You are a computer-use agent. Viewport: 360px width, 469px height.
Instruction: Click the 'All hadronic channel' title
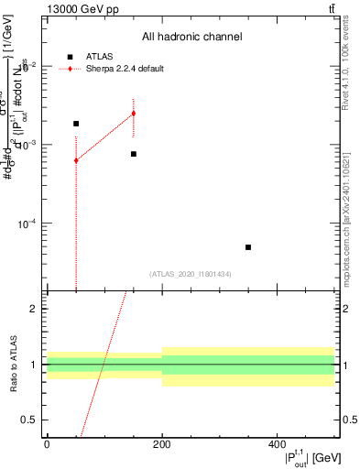[x=191, y=38]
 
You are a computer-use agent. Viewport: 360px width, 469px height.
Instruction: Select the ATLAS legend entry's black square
[x=70, y=57]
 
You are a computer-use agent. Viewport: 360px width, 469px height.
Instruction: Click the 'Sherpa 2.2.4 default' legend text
[x=126, y=69]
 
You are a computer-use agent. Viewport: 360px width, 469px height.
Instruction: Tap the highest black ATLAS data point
[x=76, y=124]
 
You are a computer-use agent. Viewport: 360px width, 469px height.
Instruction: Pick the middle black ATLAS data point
[x=134, y=154]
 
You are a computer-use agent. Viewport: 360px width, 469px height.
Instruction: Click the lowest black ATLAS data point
[x=248, y=247]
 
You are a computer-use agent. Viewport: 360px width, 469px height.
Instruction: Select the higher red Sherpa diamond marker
[x=134, y=114]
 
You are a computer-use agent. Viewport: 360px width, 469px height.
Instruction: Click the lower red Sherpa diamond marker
[x=76, y=160]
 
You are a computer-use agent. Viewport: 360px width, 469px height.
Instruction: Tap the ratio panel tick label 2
[x=36, y=309]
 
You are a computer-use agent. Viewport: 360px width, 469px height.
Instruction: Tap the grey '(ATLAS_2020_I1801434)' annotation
[x=191, y=274]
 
